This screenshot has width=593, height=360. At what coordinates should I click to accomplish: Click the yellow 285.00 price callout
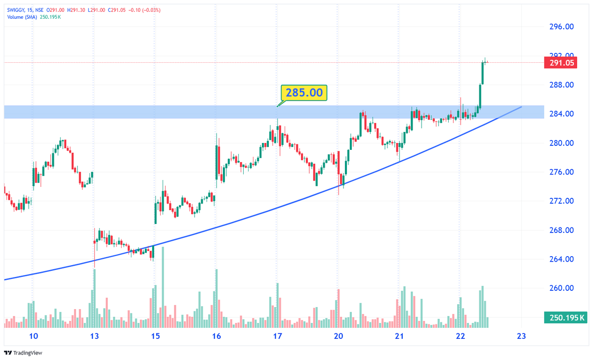[x=304, y=92]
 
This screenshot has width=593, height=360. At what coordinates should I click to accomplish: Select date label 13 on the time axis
[x=95, y=336]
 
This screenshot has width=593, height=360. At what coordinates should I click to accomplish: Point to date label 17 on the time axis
[x=277, y=336]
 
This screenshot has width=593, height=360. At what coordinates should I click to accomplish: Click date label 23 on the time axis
[x=520, y=336]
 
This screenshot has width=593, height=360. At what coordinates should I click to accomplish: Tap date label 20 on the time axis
[x=339, y=336]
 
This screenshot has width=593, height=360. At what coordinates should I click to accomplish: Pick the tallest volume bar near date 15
[x=163, y=287]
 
